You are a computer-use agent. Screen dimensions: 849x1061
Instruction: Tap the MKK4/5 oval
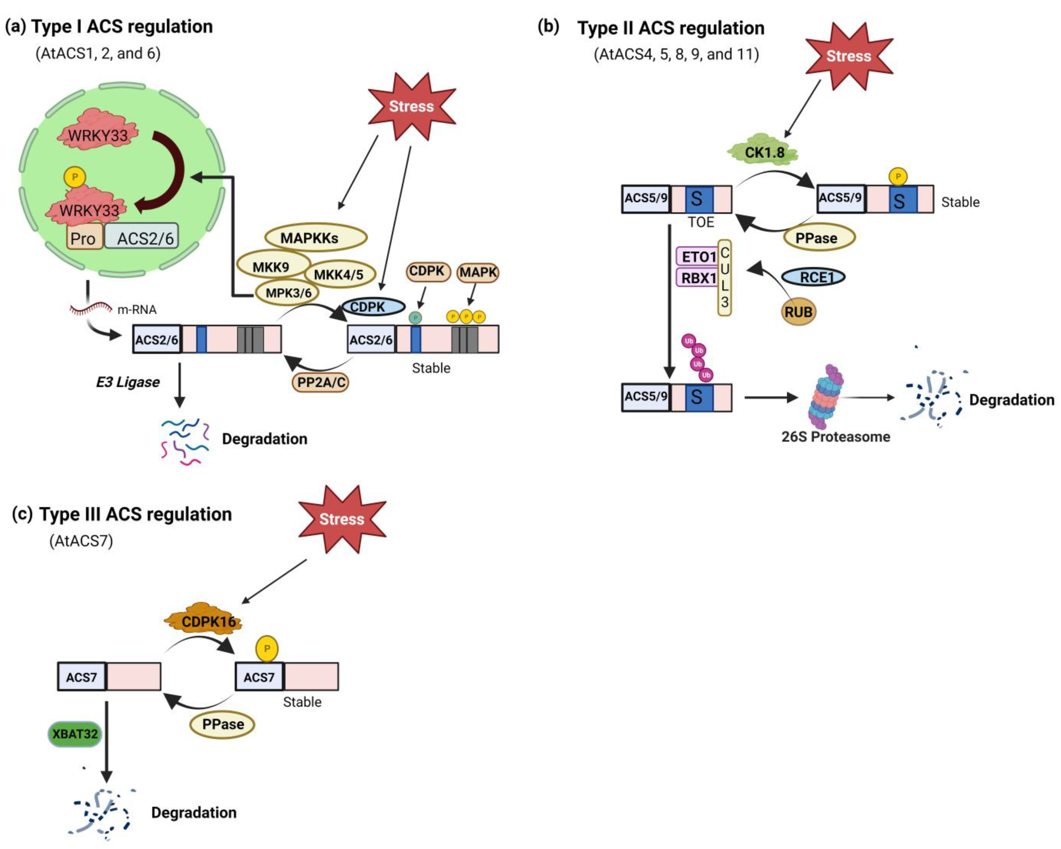339,274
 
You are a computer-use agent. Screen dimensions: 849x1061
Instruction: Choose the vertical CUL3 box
724,278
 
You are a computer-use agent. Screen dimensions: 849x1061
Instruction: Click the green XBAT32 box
75,734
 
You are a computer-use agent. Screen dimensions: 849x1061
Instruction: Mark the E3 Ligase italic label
128,382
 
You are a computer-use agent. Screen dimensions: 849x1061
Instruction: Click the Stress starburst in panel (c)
342,519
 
